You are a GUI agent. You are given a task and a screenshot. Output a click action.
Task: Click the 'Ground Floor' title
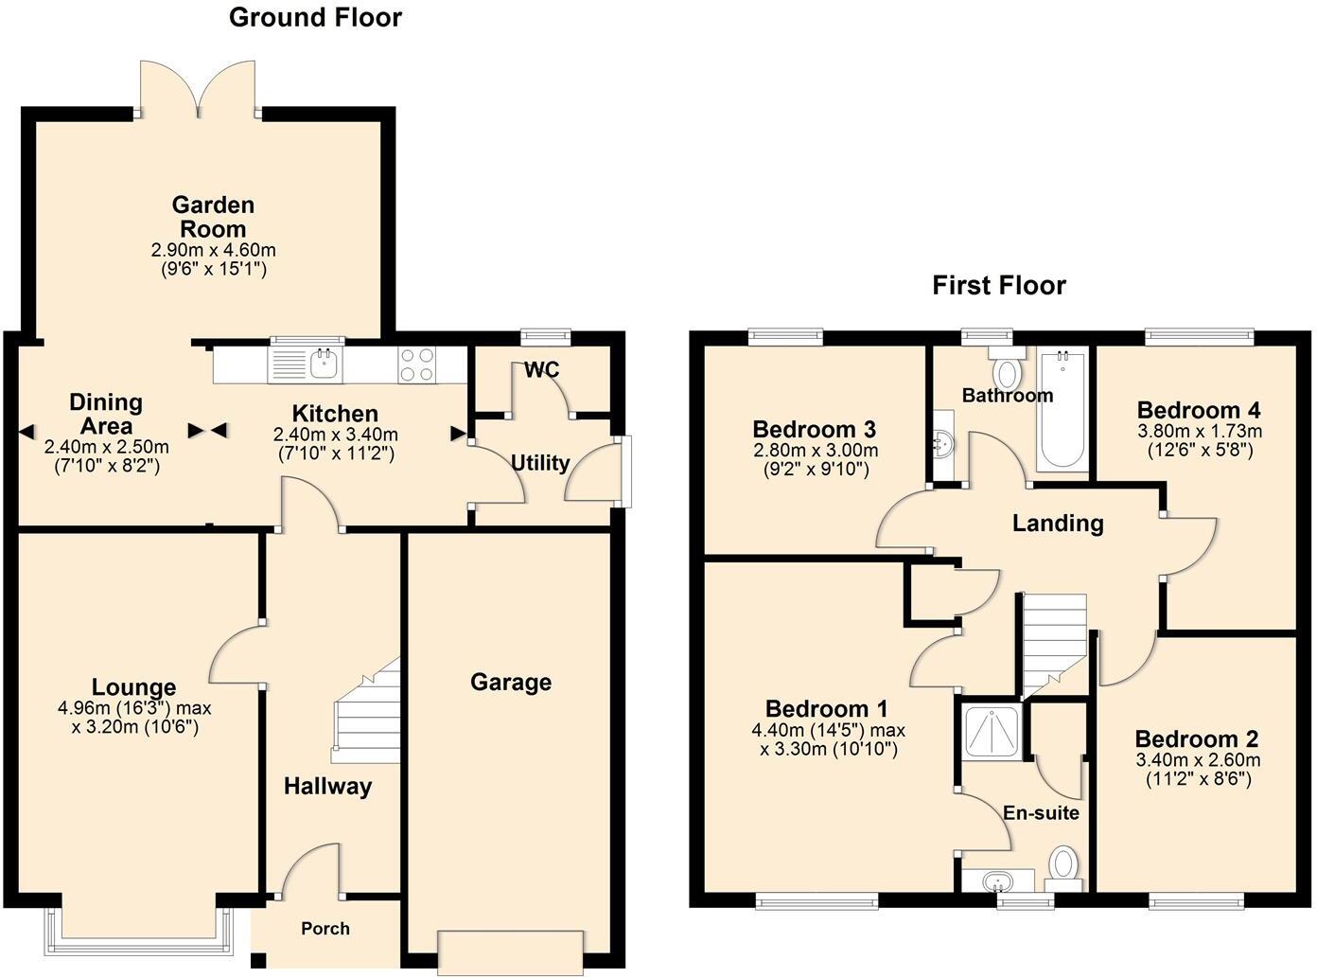click(x=315, y=17)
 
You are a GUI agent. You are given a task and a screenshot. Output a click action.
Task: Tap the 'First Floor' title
click(x=999, y=285)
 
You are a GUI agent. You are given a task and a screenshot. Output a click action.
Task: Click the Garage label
click(x=511, y=683)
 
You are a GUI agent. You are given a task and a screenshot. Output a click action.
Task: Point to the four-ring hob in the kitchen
click(x=418, y=365)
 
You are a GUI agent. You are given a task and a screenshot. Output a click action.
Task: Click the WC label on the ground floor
click(x=542, y=370)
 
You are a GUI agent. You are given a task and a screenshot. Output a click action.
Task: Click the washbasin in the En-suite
click(x=996, y=882)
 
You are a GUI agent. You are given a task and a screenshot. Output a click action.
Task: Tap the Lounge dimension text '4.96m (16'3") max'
click(x=134, y=708)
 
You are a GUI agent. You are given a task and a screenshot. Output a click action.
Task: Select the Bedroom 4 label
click(x=1199, y=410)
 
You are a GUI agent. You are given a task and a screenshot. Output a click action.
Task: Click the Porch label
click(x=325, y=929)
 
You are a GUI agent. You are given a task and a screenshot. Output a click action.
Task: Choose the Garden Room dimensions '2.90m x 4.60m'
click(x=214, y=250)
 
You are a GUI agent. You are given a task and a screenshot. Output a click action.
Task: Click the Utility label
click(x=540, y=463)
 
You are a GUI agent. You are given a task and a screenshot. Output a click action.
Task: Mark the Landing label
click(x=1058, y=523)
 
